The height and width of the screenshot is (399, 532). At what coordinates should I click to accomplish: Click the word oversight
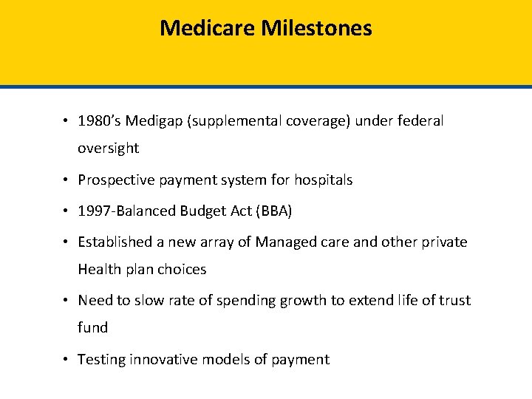[109, 148]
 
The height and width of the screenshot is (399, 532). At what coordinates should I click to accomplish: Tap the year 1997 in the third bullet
[93, 211]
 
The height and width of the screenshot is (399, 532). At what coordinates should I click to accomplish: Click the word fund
[93, 327]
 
